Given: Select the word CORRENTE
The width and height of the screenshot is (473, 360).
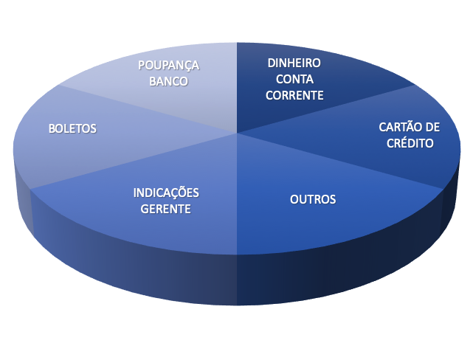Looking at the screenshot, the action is click(295, 95).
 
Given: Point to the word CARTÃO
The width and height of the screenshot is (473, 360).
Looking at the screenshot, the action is click(400, 127).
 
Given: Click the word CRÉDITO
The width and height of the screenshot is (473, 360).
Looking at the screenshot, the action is click(410, 143).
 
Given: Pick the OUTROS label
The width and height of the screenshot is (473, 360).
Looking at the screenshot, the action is click(313, 199).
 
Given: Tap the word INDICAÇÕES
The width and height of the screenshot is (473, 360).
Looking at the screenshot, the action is click(166, 193).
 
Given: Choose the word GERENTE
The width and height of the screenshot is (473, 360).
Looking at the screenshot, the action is click(166, 209).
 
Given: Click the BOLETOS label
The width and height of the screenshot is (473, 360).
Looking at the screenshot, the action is click(72, 128).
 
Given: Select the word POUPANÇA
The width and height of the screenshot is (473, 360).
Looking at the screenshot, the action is click(168, 65).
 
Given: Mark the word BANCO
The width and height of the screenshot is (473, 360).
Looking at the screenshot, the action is click(168, 81).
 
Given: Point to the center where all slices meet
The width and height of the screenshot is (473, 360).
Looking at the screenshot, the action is click(237, 133).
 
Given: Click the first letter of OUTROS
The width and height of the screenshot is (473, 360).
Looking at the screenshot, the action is click(294, 199).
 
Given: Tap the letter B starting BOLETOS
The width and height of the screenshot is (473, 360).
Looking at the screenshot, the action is click(51, 128).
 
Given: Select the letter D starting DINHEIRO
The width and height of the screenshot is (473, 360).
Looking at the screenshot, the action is click(271, 63).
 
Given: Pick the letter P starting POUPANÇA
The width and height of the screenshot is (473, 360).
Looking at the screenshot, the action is click(141, 65).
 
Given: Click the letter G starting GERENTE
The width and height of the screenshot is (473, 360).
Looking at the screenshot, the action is click(145, 209).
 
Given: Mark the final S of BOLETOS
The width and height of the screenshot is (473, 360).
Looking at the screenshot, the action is click(94, 128).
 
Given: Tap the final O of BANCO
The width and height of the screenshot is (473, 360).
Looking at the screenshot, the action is click(184, 81).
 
